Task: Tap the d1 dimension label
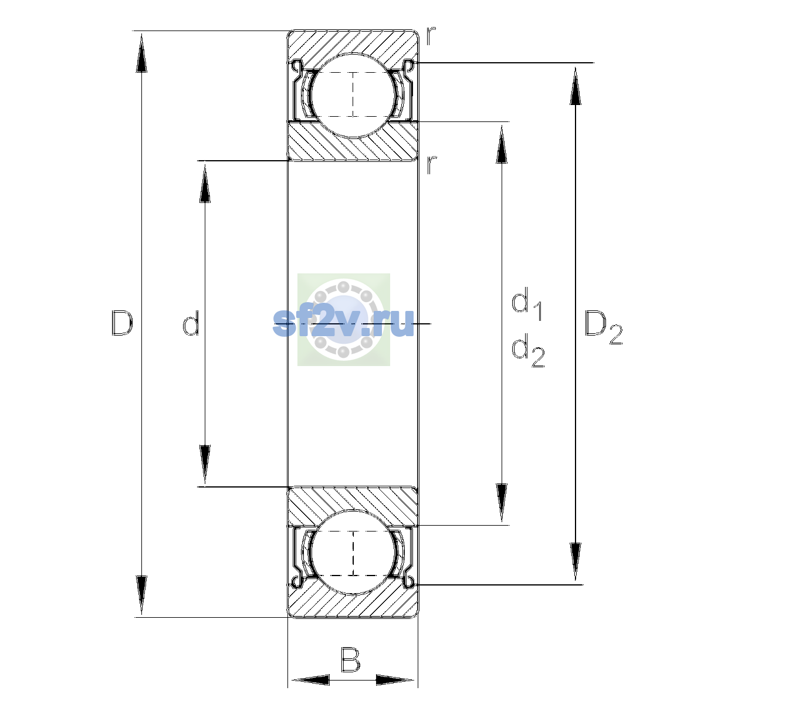527,303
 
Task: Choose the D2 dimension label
603,327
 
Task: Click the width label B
350,659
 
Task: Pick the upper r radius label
431,36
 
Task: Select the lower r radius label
431,165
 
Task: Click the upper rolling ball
353,96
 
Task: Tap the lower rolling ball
353,552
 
